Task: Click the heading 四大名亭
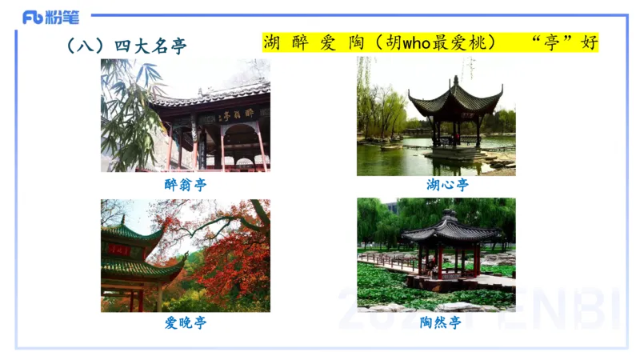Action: coord(150,46)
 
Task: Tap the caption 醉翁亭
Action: coord(185,184)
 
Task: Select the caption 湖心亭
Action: coord(447,185)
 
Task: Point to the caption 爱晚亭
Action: coord(185,323)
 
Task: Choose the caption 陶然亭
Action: coord(440,323)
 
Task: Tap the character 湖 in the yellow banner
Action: coord(272,42)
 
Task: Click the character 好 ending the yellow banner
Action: coord(590,42)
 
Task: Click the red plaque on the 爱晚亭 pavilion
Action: coord(119,250)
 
